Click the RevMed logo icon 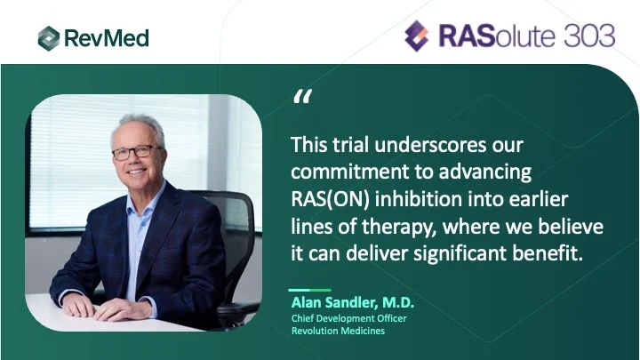[48, 37]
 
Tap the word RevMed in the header [106, 37]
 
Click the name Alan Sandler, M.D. [353, 303]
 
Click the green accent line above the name [310, 290]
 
